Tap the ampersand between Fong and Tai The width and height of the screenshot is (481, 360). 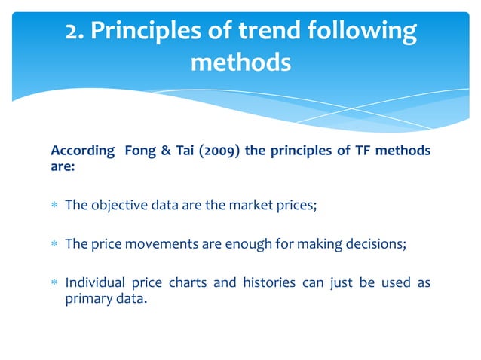(166, 151)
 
